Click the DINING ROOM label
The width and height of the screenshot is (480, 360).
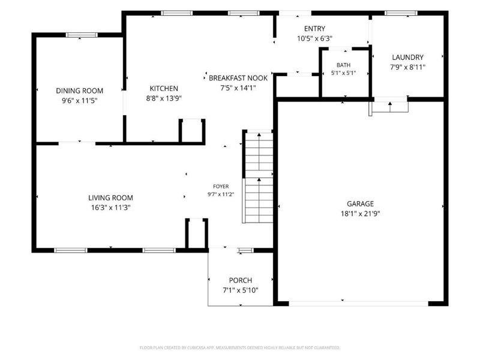pyautogui.click(x=80, y=91)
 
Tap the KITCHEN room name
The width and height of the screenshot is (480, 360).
pyautogui.click(x=164, y=88)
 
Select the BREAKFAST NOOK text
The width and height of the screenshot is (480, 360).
pyautogui.click(x=238, y=78)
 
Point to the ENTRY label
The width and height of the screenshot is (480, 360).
pyautogui.click(x=314, y=28)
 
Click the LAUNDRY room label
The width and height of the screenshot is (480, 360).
pyautogui.click(x=408, y=57)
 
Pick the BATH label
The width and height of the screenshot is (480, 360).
pyautogui.click(x=343, y=65)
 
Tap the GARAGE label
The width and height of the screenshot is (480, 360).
pyautogui.click(x=361, y=203)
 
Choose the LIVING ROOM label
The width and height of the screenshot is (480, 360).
pyautogui.click(x=110, y=198)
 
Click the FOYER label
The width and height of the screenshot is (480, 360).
pyautogui.click(x=221, y=186)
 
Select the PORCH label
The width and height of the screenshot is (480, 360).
pyautogui.click(x=241, y=280)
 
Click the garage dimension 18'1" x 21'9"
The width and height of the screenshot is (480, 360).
pyautogui.click(x=361, y=214)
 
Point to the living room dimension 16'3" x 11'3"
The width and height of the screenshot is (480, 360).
pyautogui.click(x=110, y=208)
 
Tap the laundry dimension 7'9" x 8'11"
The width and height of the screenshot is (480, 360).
pyautogui.click(x=408, y=67)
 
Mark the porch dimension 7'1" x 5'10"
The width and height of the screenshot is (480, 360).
pyautogui.click(x=241, y=290)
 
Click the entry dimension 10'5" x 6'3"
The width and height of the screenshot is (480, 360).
pyautogui.click(x=314, y=38)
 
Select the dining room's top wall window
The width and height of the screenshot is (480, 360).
pyautogui.click(x=82, y=35)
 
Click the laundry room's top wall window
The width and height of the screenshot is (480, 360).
pyautogui.click(x=401, y=13)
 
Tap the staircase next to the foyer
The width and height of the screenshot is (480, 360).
pyautogui.click(x=258, y=176)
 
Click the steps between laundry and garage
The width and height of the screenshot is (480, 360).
pyautogui.click(x=389, y=106)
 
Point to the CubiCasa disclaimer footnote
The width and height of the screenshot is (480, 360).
pyautogui.click(x=239, y=348)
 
